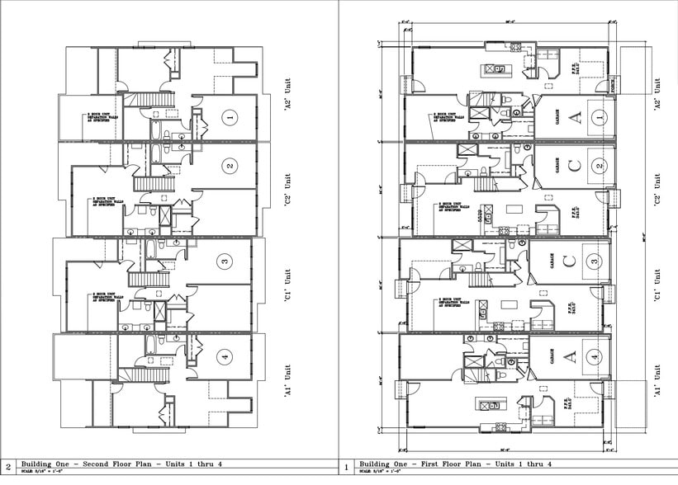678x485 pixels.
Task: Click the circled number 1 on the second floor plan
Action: coord(231,118)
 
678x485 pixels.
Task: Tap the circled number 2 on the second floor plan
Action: coord(229,166)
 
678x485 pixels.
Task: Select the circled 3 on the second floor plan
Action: coord(224,262)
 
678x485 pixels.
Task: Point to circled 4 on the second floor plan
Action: coord(224,356)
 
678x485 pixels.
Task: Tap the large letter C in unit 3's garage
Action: coord(569,262)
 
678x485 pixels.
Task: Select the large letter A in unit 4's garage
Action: coord(569,356)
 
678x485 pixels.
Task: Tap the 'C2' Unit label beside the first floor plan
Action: coord(658,190)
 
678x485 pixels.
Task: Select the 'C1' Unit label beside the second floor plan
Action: coord(287,285)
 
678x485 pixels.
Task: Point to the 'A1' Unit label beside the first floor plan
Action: coord(658,381)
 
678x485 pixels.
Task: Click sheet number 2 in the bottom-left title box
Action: coord(8,467)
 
